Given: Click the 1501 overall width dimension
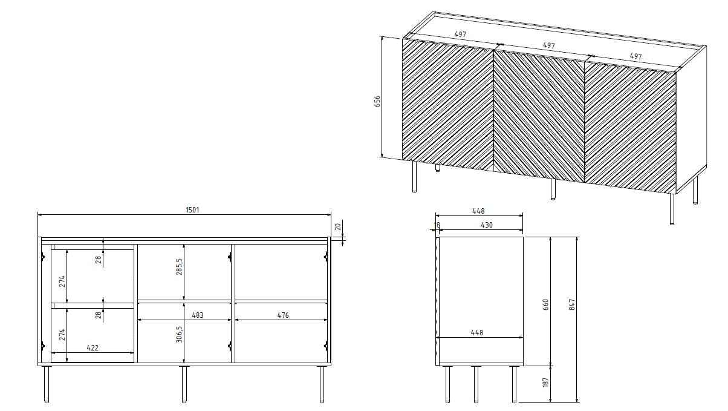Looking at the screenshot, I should coord(192,210).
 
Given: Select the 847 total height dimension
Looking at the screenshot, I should coord(571,305).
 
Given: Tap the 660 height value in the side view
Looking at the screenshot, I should coord(545,304).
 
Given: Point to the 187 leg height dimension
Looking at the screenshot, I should coord(545,383).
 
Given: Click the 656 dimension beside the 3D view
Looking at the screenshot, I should coord(377,101).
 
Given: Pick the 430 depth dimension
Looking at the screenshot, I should coord(487,225).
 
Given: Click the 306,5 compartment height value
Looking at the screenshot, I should coord(179,333).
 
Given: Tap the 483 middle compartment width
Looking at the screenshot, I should coord(197,315).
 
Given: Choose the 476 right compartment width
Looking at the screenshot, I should coord(282,315).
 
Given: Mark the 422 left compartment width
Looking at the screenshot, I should coord(93,348).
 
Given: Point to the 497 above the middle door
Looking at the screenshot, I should coord(548,45).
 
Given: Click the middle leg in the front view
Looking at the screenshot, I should coord(184,384).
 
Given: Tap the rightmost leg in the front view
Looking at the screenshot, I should coord(322,384).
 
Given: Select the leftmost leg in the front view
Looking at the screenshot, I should coord(47,384).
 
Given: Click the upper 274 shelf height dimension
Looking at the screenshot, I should coord(61,281).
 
